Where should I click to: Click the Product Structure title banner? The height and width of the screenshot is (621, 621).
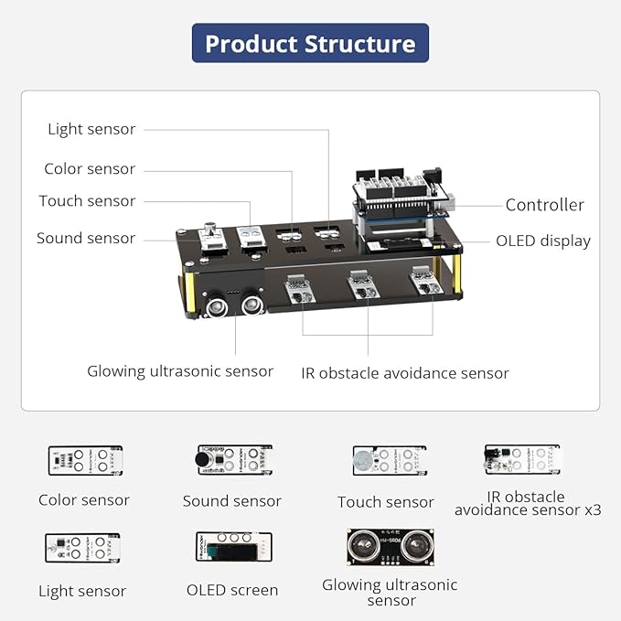click(310, 43)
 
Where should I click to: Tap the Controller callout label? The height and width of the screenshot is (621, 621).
click(544, 205)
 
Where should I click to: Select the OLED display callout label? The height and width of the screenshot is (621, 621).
click(542, 241)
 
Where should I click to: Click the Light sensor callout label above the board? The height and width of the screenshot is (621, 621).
click(91, 129)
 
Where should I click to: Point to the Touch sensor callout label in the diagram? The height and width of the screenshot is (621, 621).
click(87, 201)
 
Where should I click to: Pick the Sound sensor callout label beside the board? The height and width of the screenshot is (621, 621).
click(86, 239)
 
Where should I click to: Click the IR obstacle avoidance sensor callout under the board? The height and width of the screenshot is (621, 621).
click(404, 372)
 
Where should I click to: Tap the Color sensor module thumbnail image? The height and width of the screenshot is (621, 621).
click(85, 460)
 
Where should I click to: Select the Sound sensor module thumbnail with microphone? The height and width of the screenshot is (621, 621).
click(232, 460)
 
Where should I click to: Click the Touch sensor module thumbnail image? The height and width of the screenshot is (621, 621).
click(388, 460)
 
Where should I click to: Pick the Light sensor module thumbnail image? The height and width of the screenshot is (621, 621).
click(82, 548)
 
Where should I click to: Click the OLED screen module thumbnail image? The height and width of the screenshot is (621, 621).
click(232, 547)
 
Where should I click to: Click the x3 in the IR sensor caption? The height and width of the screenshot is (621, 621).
click(590, 509)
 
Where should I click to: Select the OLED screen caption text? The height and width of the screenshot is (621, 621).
click(232, 590)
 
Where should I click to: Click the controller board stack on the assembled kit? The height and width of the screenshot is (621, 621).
click(403, 206)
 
